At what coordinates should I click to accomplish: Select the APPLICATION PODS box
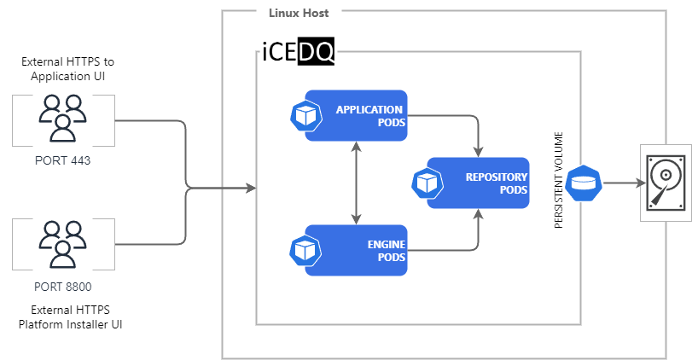point(357,116)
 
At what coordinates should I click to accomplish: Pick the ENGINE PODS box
point(357,250)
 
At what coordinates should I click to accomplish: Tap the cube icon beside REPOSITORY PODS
point(425,183)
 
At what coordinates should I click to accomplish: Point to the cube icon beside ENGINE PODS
point(304,250)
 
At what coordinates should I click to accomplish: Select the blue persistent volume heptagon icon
point(584,183)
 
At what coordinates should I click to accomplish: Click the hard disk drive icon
point(666,183)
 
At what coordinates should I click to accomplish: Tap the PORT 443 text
point(61,160)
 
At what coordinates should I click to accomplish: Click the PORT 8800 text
point(61,286)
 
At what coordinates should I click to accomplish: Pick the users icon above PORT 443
point(61,118)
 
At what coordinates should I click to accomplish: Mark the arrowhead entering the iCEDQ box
point(251,187)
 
